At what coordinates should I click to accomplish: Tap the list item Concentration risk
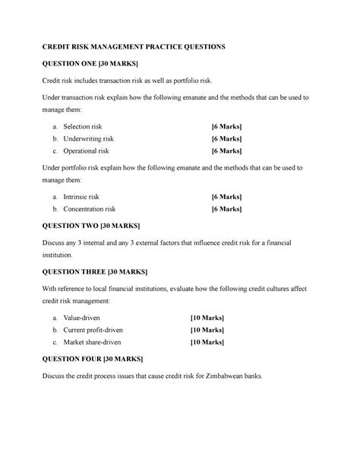pos(90,208)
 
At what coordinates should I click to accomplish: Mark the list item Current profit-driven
pos(93,330)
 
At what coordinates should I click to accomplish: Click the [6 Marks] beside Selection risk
pos(226,125)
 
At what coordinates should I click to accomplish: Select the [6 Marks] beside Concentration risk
pos(226,208)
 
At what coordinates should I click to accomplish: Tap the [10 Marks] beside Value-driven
pos(207,316)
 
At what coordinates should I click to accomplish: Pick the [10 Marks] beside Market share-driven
pos(207,343)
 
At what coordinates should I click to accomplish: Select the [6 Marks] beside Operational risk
pos(226,151)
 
